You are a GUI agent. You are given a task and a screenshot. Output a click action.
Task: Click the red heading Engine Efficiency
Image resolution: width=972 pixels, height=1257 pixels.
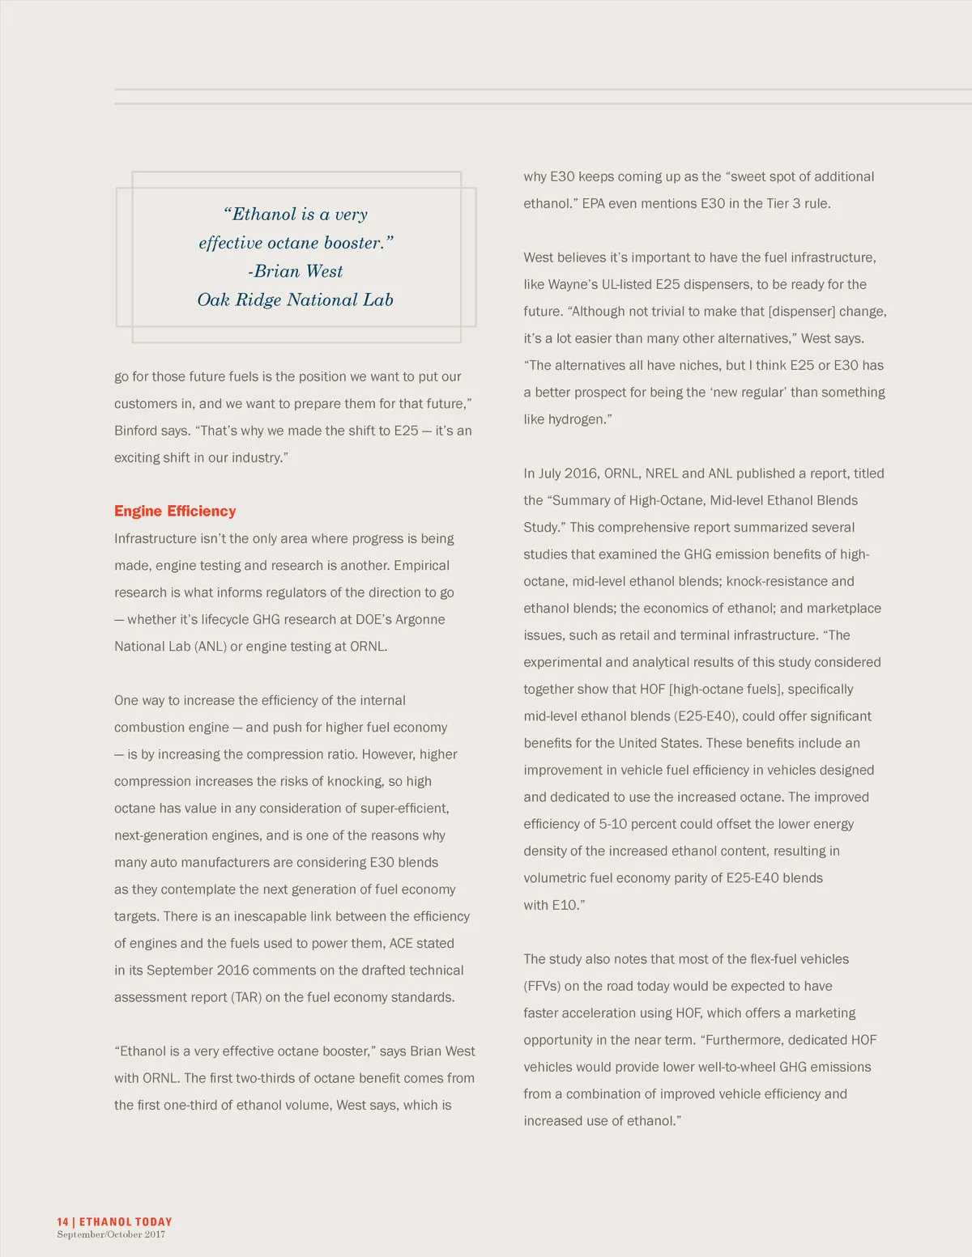click(x=175, y=511)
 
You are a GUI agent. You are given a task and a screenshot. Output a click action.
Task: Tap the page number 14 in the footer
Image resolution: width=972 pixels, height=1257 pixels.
click(x=62, y=1221)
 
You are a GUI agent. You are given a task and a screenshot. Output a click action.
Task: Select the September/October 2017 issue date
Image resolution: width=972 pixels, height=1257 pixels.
click(x=111, y=1234)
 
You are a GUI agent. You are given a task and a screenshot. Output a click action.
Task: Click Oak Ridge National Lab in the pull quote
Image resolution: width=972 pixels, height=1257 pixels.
click(x=295, y=300)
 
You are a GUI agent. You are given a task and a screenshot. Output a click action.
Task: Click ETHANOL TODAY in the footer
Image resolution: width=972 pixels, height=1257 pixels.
click(x=126, y=1221)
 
